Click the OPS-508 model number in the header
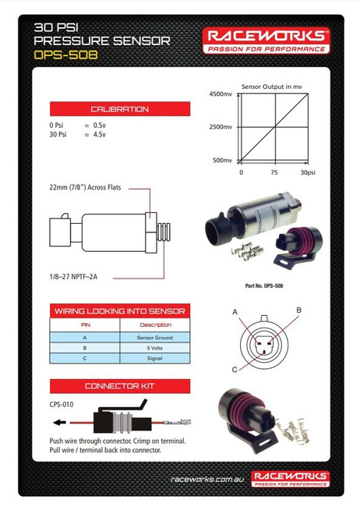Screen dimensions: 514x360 (x=66, y=56)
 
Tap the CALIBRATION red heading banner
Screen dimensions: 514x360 (x=119, y=109)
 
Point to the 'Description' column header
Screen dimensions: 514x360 (x=155, y=325)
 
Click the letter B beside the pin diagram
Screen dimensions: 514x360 (x=298, y=310)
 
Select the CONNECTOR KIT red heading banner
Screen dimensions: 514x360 (x=119, y=387)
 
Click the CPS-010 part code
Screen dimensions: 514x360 (x=62, y=404)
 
